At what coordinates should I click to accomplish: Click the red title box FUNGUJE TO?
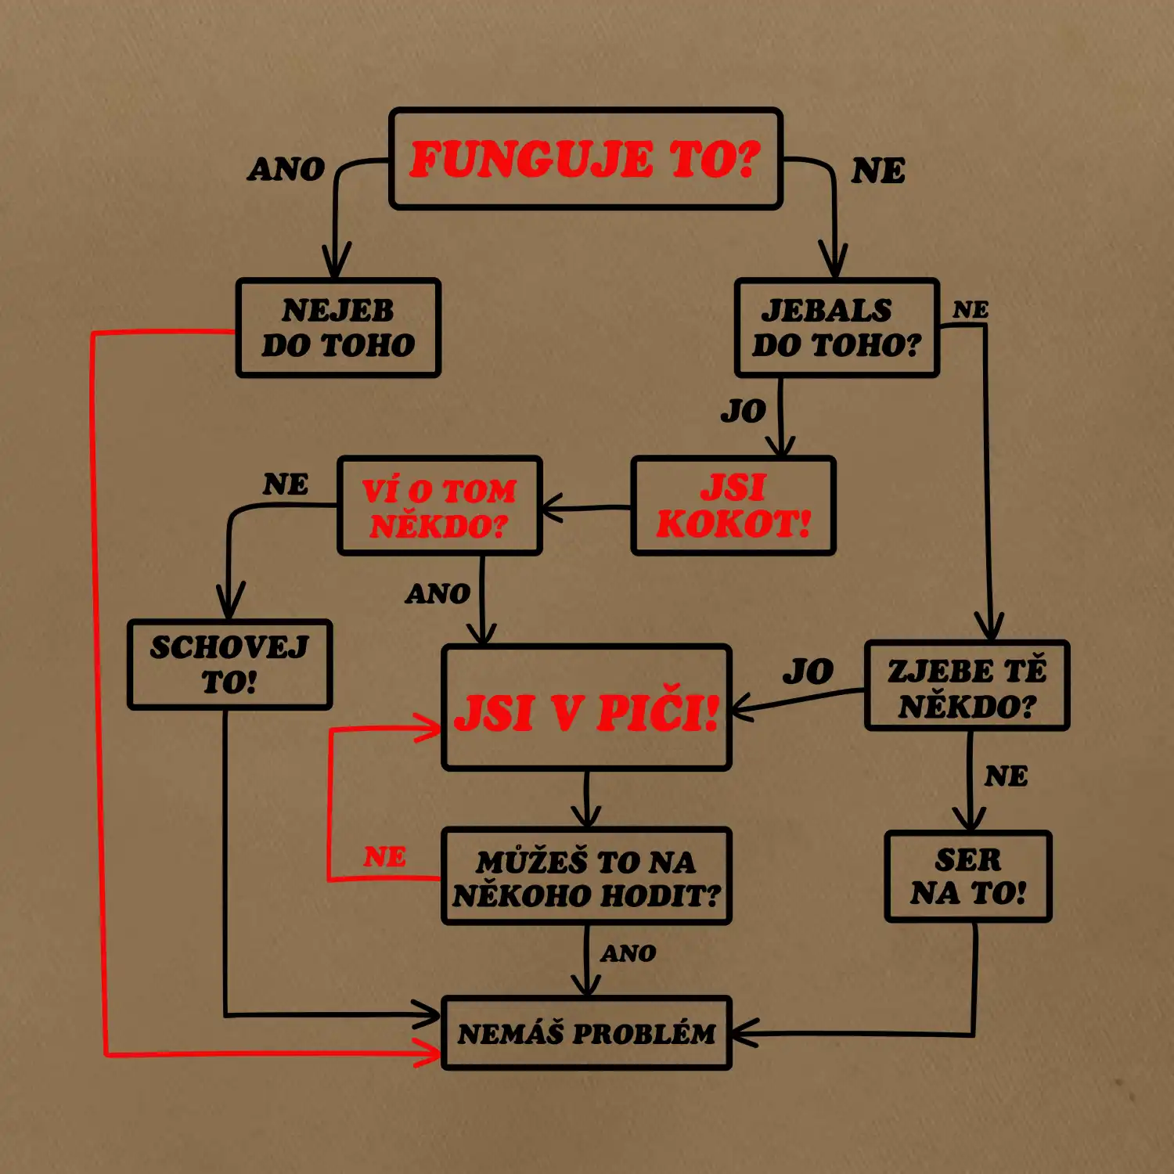click(x=585, y=159)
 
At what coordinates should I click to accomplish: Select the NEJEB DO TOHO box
click(x=338, y=328)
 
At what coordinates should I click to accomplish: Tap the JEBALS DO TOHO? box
click(x=837, y=328)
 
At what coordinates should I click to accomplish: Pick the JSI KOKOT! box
click(x=733, y=506)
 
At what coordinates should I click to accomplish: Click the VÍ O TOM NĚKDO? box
click(x=439, y=506)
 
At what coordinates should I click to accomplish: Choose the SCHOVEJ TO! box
click(x=229, y=664)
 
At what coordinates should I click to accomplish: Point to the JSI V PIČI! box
click(x=586, y=708)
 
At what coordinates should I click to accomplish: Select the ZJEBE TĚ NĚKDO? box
click(x=967, y=686)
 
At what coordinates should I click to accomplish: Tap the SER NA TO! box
click(x=968, y=877)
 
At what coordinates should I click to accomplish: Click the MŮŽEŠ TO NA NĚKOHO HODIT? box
click(x=586, y=877)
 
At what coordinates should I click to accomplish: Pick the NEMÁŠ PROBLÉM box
click(x=586, y=1033)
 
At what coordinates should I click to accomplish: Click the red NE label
click(x=384, y=857)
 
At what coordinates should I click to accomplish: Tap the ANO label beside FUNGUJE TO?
click(x=286, y=169)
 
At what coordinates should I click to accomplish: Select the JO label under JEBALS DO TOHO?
click(x=743, y=411)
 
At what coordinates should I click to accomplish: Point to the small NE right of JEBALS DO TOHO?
click(x=971, y=310)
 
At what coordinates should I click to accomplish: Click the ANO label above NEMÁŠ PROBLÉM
click(x=628, y=953)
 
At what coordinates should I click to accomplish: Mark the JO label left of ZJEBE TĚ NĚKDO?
click(x=808, y=672)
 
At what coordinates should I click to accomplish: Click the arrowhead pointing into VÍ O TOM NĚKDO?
click(x=550, y=508)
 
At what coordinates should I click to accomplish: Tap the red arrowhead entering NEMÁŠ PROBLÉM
click(x=431, y=1053)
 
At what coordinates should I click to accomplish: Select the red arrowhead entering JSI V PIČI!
click(x=431, y=729)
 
